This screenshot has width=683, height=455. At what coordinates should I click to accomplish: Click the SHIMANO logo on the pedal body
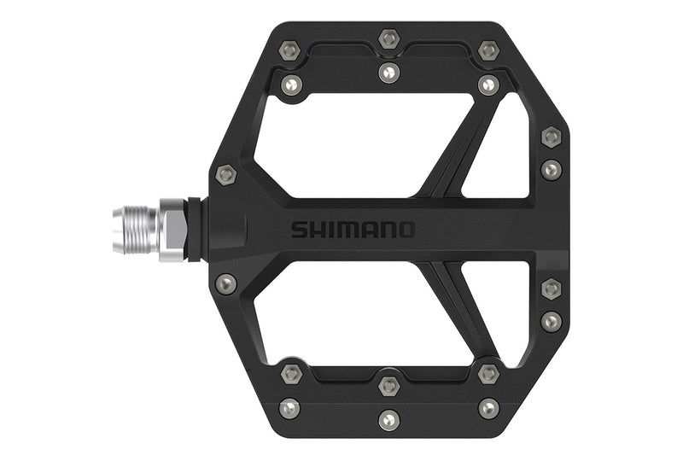353,230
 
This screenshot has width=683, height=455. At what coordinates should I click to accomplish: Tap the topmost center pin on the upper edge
389,38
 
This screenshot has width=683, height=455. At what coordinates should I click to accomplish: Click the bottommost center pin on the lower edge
389,419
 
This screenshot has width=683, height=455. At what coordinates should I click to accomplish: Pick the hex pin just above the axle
225,175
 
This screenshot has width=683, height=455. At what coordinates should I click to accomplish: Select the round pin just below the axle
226,283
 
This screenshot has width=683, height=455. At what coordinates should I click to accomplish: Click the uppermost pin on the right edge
552,137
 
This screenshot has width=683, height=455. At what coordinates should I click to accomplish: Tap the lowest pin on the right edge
552,321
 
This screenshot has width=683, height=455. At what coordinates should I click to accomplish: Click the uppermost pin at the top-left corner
290,50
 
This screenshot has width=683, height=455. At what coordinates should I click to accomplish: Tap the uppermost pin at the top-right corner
488,50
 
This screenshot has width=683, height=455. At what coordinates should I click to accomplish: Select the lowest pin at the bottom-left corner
290,408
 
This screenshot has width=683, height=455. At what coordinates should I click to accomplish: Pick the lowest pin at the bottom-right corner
488,408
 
